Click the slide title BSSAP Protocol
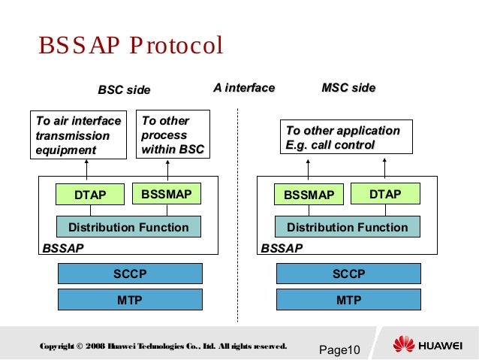[x=131, y=47]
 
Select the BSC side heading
[x=124, y=90]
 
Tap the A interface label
[x=244, y=89]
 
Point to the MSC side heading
[x=348, y=89]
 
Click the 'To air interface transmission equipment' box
[x=79, y=135]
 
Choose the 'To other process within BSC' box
[x=173, y=135]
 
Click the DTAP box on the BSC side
[x=90, y=195]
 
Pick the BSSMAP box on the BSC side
[x=166, y=195]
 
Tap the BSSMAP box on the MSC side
[x=309, y=195]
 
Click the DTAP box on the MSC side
[x=385, y=195]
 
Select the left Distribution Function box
[x=128, y=227]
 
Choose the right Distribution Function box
[x=348, y=227]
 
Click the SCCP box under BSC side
[x=130, y=274]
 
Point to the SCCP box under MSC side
[x=348, y=274]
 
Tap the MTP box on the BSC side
[x=130, y=301]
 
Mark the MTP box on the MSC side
[x=348, y=301]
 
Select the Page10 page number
[x=340, y=350]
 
